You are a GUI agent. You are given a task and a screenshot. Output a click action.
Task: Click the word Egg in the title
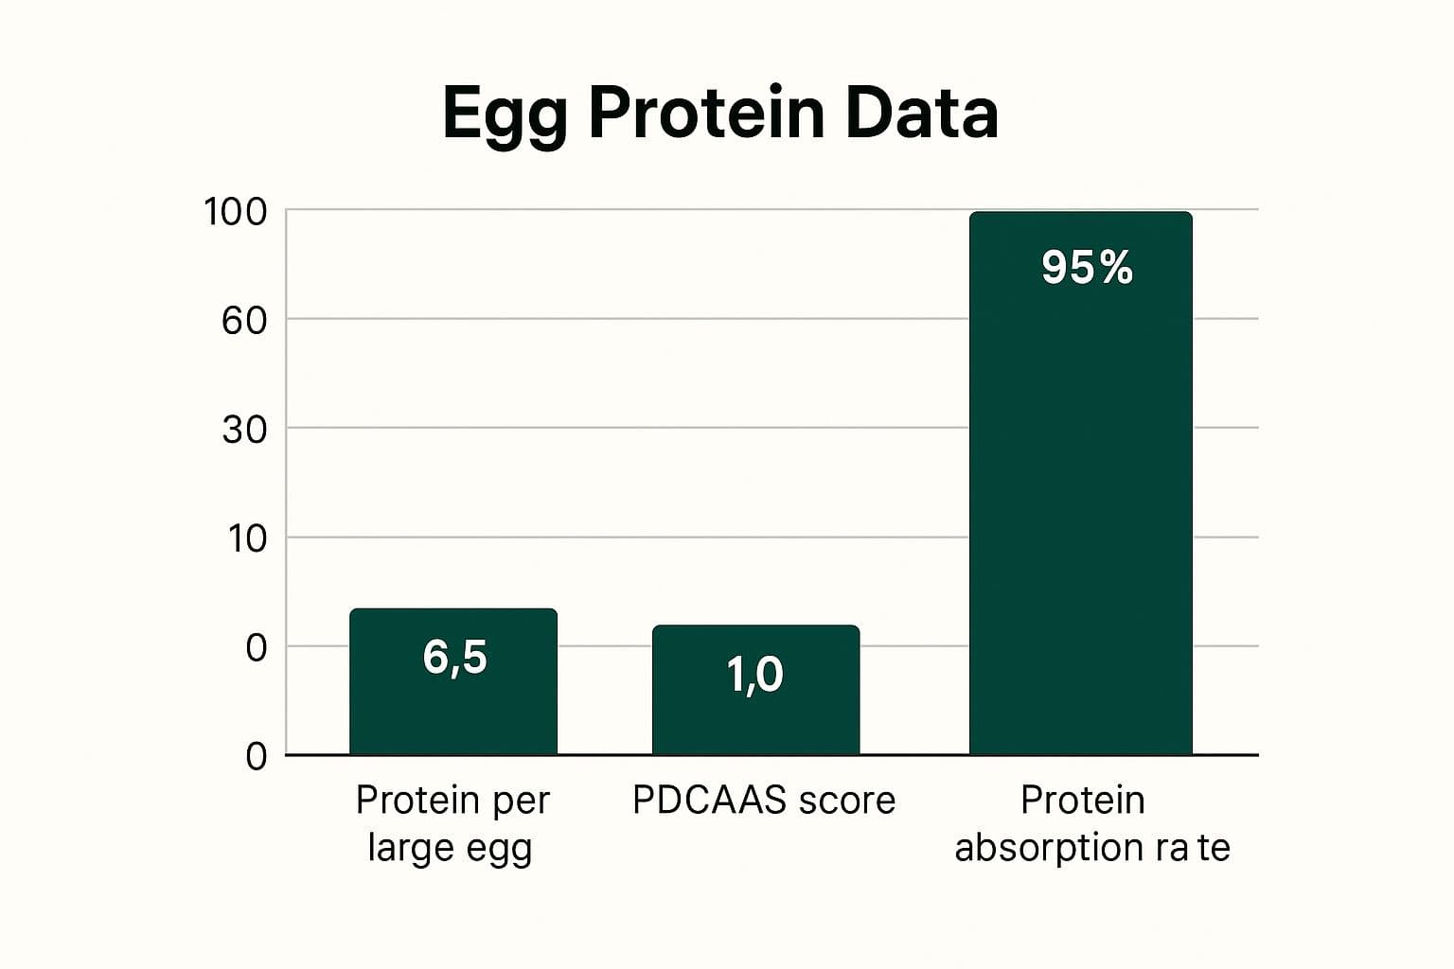(505, 115)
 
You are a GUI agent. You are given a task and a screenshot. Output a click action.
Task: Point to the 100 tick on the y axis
(236, 212)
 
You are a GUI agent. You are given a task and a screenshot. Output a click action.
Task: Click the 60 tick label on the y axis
(244, 321)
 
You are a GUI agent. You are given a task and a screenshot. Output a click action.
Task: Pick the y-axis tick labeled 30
(244, 430)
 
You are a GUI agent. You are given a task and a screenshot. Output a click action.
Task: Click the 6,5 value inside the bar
(454, 657)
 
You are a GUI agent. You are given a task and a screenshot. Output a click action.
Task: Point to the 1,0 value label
(754, 675)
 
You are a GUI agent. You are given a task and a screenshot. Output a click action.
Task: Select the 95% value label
(1087, 267)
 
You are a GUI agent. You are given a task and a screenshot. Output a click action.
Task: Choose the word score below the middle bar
(846, 801)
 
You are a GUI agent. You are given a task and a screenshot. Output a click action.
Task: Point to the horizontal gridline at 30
(625, 428)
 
